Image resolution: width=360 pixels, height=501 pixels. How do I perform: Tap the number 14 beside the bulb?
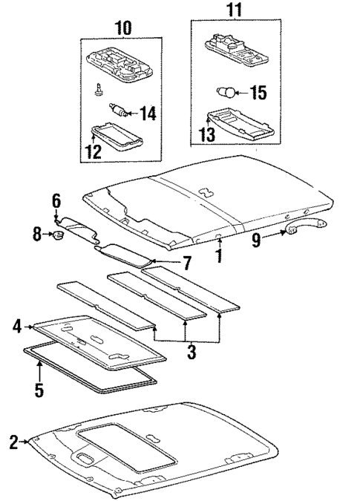click(x=148, y=114)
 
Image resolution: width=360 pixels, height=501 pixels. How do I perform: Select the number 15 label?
click(x=257, y=94)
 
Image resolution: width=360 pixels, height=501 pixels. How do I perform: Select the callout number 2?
click(x=13, y=443)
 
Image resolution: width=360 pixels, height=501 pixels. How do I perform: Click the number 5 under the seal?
click(x=39, y=389)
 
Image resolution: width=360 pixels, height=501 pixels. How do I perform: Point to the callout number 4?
click(x=16, y=325)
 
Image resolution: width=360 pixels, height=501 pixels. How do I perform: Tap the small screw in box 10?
click(x=98, y=90)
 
